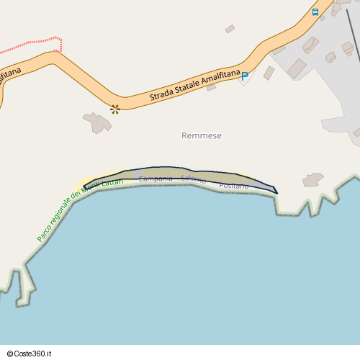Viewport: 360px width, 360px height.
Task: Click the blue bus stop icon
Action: click(x=315, y=12)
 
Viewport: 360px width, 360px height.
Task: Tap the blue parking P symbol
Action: click(x=245, y=76)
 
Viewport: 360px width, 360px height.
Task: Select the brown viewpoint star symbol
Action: click(x=114, y=109)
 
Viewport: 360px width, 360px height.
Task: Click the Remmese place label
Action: click(x=202, y=135)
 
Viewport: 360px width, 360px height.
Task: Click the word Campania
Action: click(x=156, y=179)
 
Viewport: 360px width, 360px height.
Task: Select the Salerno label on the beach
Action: click(x=194, y=179)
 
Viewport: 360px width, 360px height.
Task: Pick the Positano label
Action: click(x=233, y=186)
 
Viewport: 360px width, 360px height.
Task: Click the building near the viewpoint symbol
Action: click(x=97, y=122)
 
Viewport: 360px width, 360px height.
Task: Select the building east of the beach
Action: click(x=313, y=179)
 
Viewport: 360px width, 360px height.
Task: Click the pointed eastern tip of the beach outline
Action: click(x=276, y=192)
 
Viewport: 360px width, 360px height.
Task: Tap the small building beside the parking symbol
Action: click(x=269, y=73)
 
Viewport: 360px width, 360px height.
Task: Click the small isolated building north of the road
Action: click(x=230, y=29)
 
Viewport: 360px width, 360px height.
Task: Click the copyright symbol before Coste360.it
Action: click(x=12, y=353)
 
